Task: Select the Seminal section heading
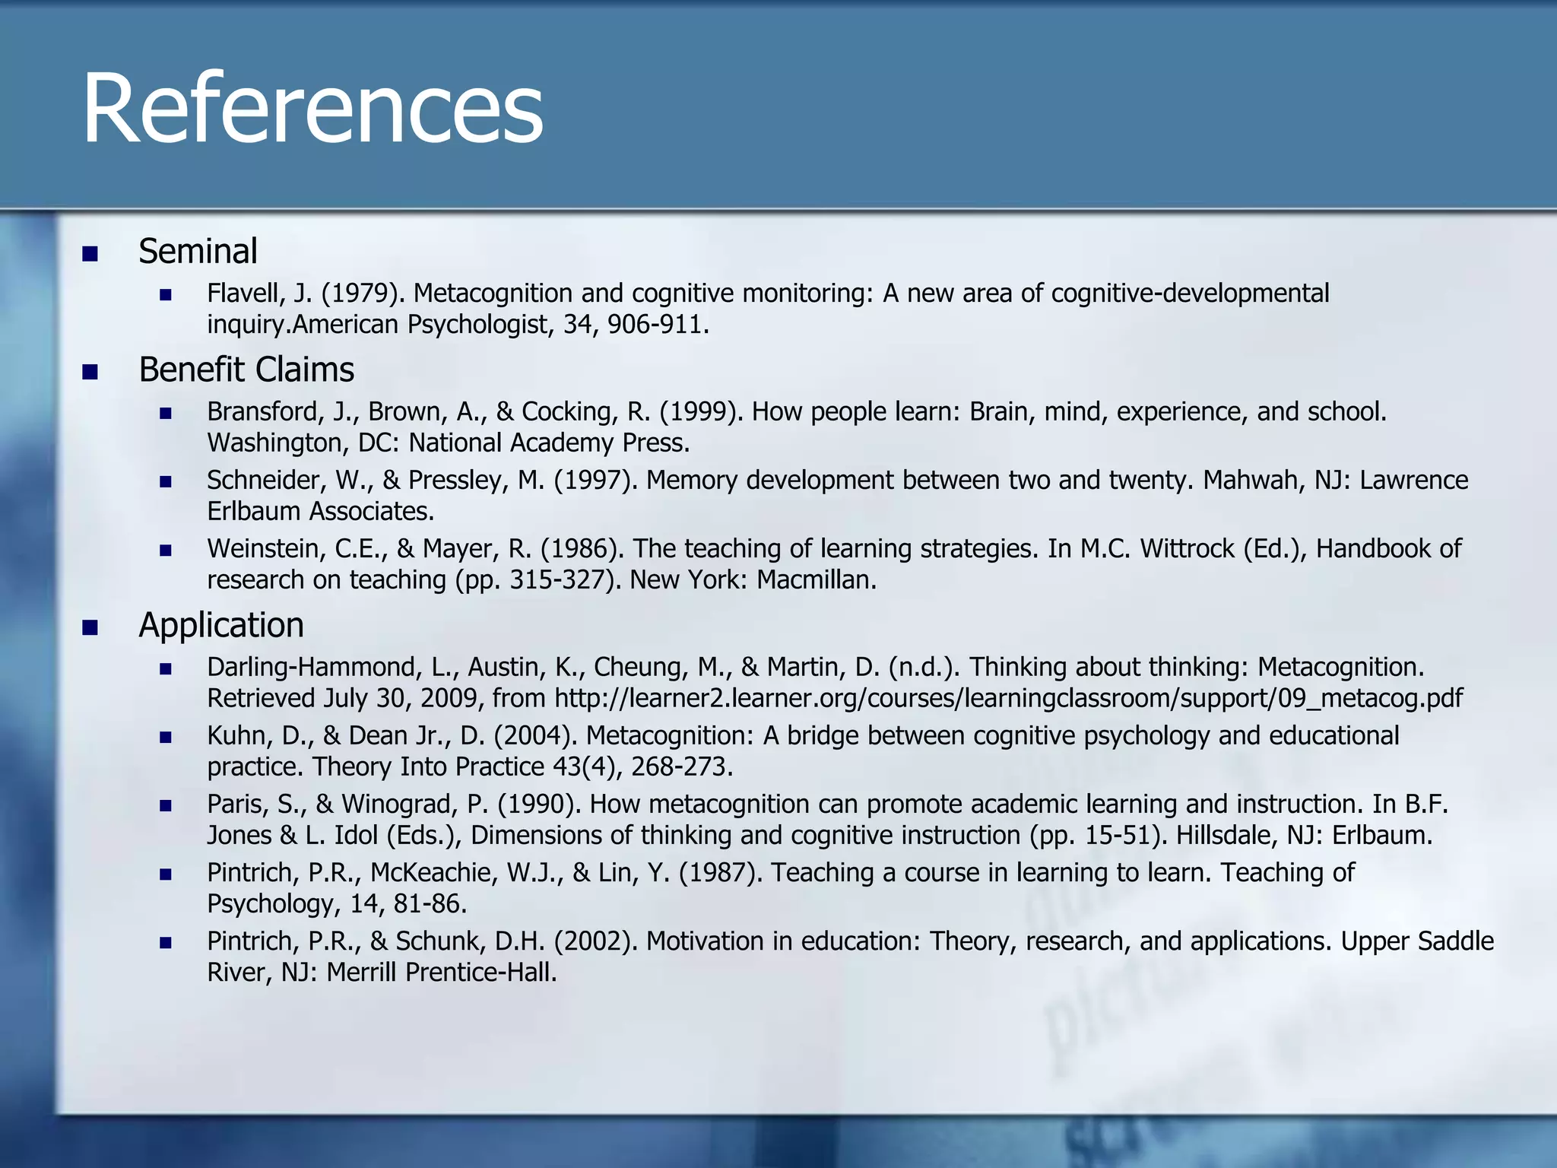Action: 198,251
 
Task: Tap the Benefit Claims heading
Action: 246,370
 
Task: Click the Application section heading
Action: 221,625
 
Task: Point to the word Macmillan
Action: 816,580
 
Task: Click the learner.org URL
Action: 1008,698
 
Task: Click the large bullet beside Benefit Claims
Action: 90,372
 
